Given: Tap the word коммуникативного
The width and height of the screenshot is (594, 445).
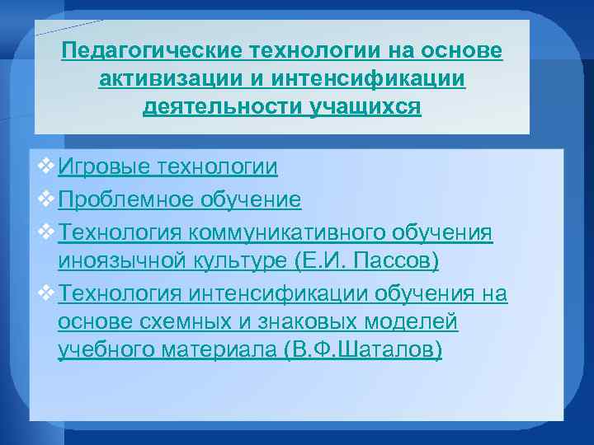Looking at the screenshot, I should coord(294,233).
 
